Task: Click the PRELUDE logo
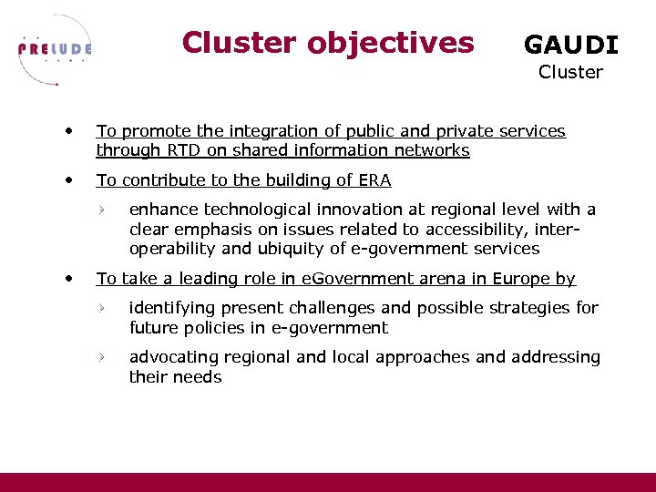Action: coord(55,49)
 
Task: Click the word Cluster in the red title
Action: coord(239,43)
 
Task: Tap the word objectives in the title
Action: coord(392,43)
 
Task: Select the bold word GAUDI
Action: coord(570,45)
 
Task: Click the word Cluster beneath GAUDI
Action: coord(570,72)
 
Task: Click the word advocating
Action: coord(173,357)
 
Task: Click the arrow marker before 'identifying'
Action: coord(105,309)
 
